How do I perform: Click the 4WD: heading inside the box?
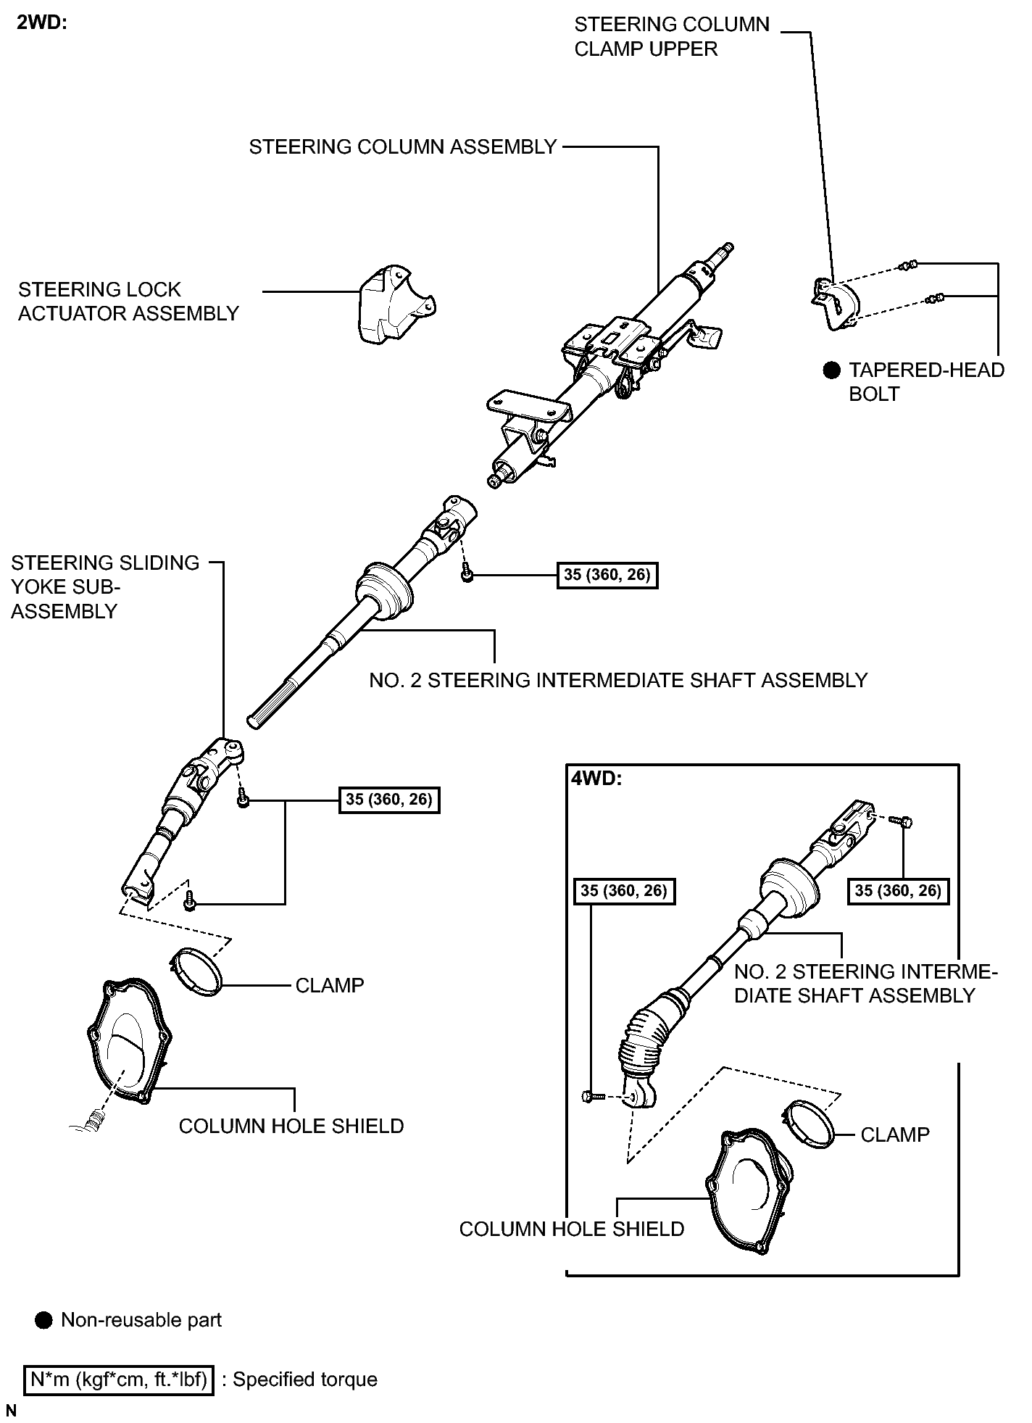(x=596, y=779)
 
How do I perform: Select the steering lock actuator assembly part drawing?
(x=395, y=304)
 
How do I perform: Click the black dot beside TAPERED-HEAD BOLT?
(x=831, y=370)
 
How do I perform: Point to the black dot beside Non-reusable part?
(x=43, y=1320)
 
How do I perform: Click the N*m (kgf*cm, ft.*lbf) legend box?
(x=120, y=1379)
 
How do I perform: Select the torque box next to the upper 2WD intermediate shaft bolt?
(x=607, y=575)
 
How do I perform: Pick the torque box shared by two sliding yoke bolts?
(x=389, y=800)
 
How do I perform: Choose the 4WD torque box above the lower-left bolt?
(x=623, y=890)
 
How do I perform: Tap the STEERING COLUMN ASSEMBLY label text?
(x=402, y=147)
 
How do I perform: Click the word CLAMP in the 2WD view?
(x=329, y=985)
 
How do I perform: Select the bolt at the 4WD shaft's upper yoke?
(x=902, y=821)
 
